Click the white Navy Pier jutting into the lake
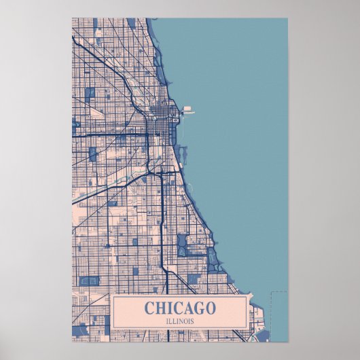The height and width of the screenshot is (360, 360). [x=187, y=109]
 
